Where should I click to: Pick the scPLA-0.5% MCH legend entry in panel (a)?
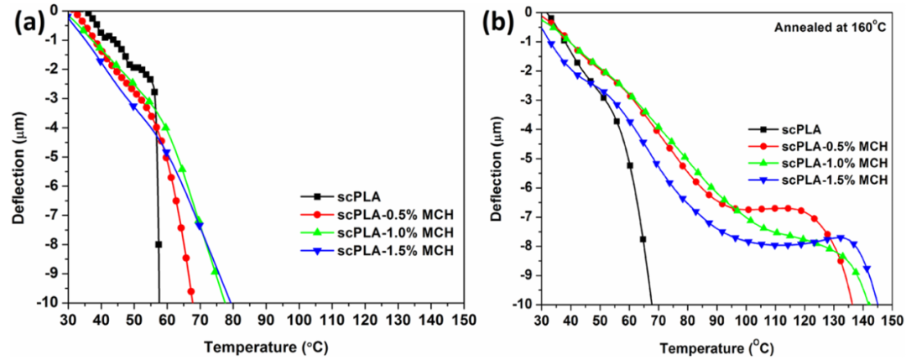point(370,214)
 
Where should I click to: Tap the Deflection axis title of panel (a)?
point(18,158)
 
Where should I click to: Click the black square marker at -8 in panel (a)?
point(159,244)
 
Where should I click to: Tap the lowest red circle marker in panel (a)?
point(191,291)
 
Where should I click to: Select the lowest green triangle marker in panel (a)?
point(215,271)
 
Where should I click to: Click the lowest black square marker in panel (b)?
point(643,239)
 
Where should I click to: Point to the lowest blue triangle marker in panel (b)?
point(867,269)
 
